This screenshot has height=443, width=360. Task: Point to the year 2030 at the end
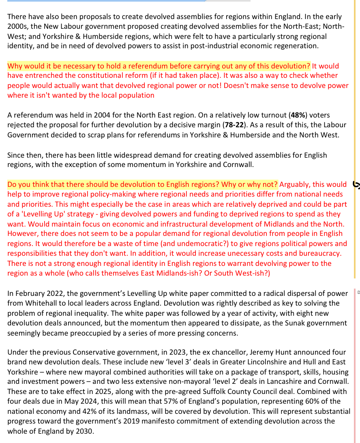(84, 431)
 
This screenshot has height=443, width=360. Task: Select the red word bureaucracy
(321, 253)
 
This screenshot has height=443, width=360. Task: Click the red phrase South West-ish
(243, 273)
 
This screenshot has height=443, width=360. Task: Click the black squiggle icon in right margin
(356, 184)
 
